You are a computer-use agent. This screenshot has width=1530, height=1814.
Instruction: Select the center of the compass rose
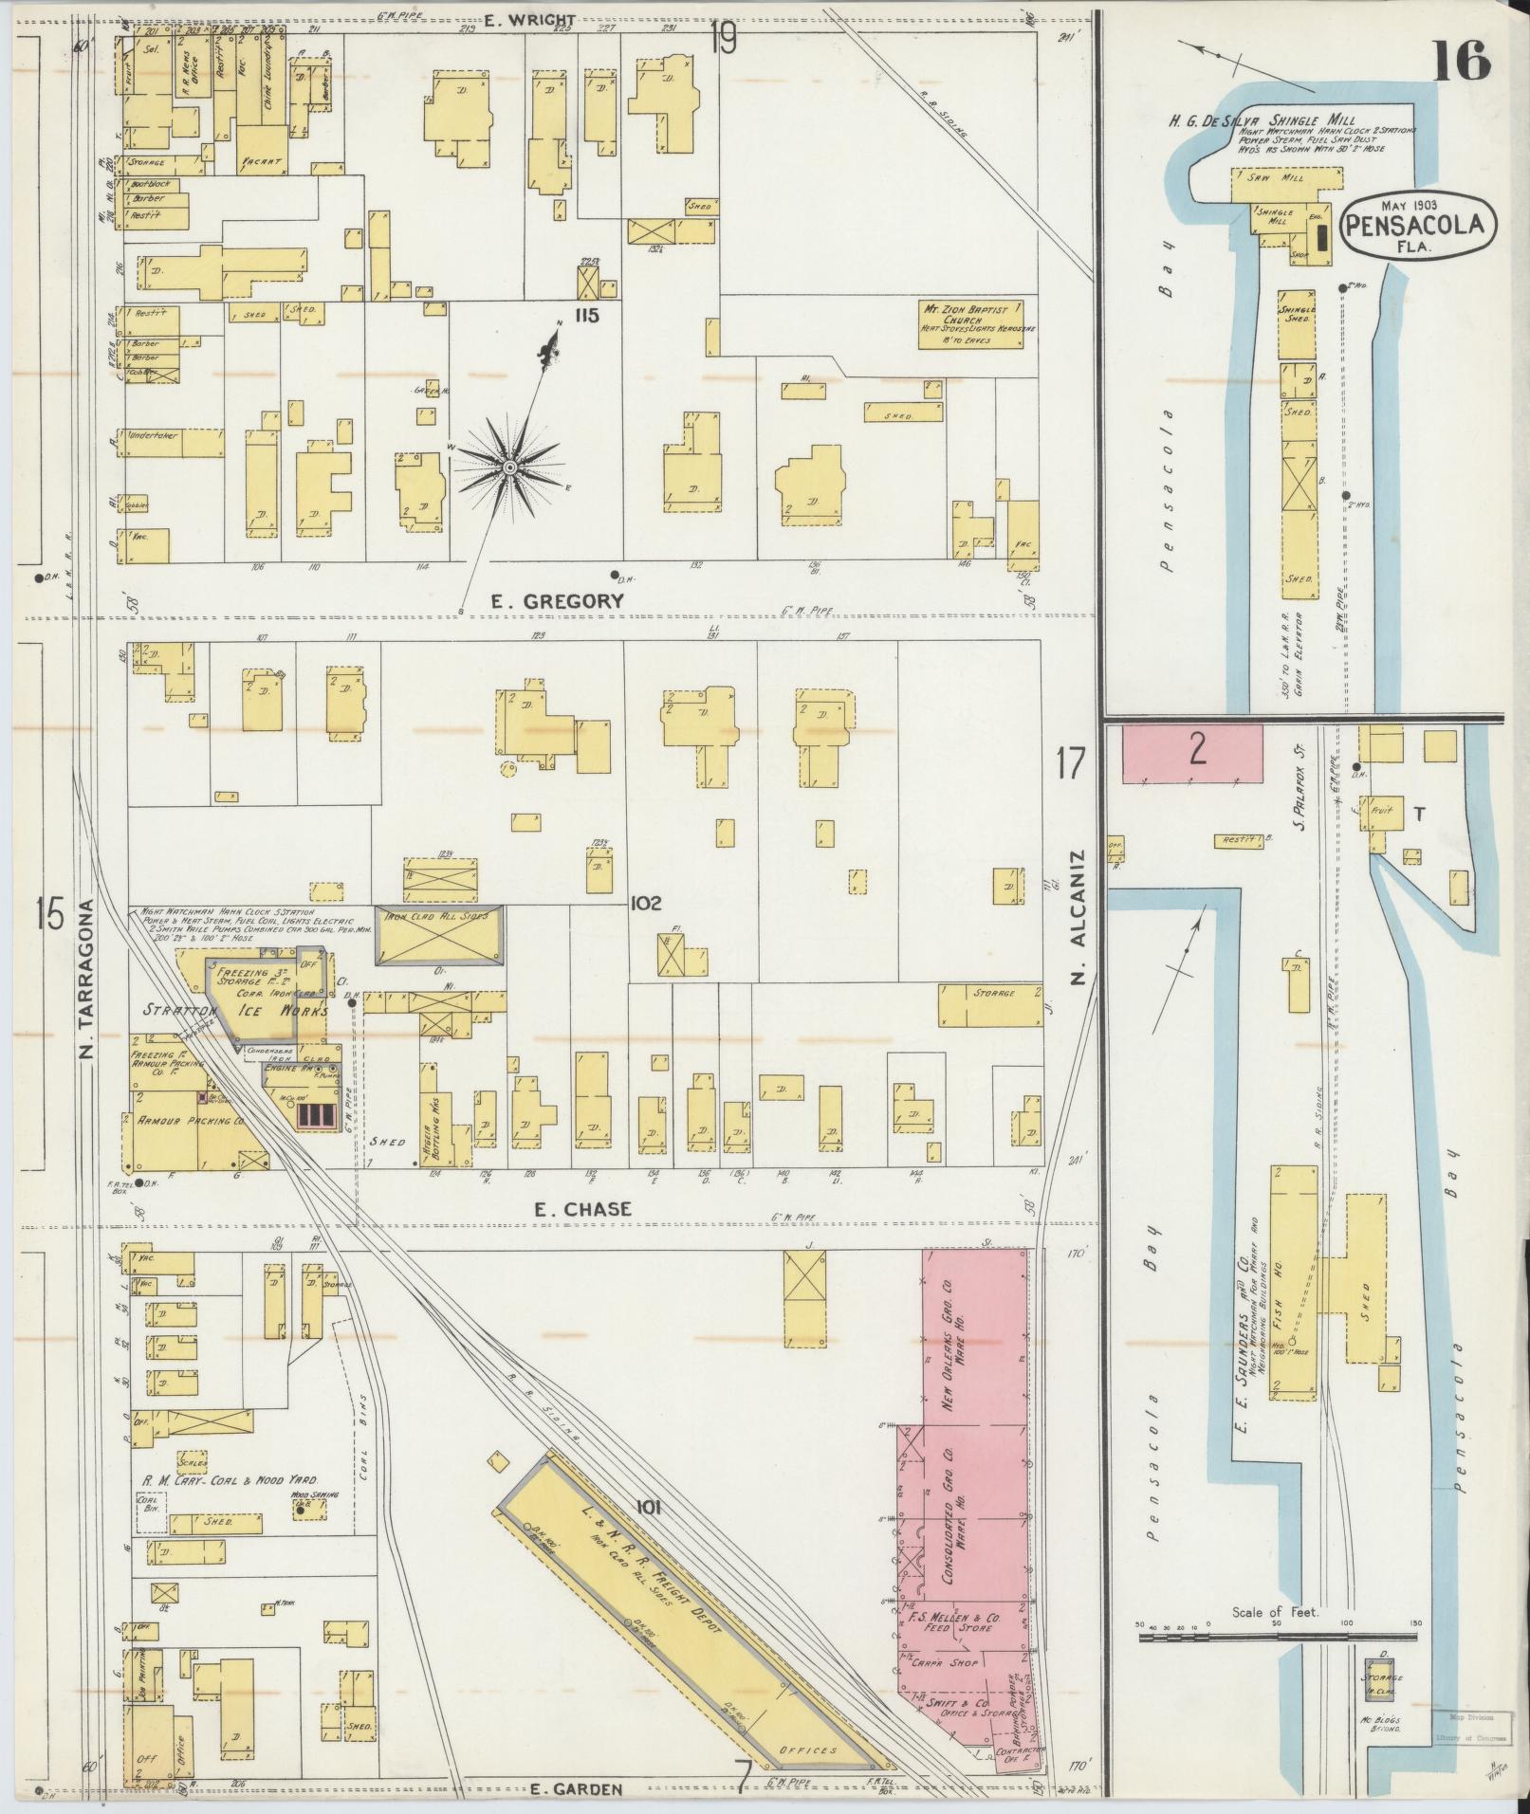pos(510,467)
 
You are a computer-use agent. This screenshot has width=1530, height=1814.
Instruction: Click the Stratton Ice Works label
pos(234,1011)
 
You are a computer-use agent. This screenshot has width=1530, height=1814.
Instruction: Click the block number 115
pos(586,316)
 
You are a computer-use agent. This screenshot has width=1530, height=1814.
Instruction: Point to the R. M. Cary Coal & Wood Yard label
pos(230,1506)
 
